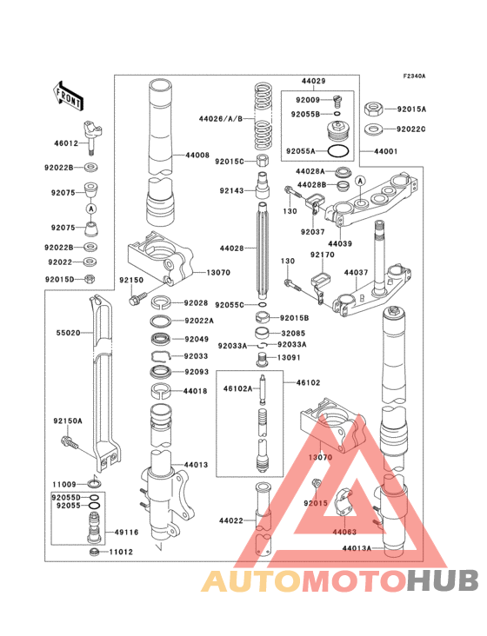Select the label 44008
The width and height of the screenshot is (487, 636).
[197, 155]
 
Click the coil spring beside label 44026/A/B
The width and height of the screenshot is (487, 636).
[264, 117]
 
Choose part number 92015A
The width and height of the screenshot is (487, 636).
[411, 109]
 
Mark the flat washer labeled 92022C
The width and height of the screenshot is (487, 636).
[373, 129]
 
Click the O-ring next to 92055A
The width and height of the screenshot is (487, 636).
[342, 151]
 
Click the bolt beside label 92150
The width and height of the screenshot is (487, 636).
[135, 299]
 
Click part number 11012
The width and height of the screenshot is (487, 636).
[120, 552]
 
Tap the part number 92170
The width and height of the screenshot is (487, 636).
[322, 255]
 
